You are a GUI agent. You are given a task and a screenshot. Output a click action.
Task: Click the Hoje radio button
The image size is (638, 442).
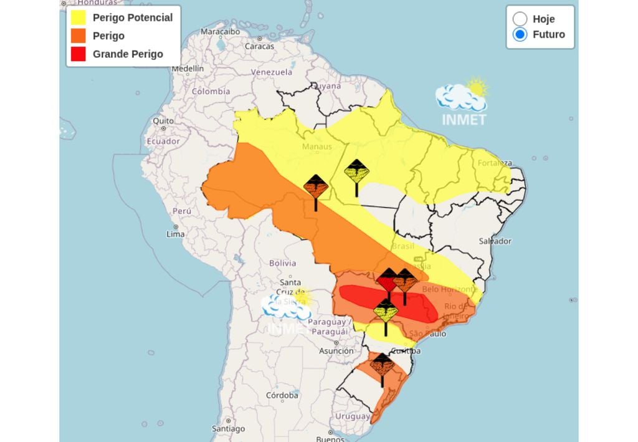(x=520, y=19)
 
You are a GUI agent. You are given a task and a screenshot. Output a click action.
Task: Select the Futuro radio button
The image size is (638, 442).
(x=520, y=34)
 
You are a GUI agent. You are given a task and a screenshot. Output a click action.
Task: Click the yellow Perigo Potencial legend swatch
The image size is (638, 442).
(x=79, y=17)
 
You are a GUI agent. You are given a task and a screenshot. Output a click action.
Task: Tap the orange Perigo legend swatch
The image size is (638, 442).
(x=79, y=36)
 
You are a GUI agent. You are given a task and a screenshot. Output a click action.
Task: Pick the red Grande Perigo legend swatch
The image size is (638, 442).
(x=79, y=54)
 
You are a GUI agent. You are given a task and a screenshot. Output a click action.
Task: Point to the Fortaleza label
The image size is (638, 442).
(x=495, y=163)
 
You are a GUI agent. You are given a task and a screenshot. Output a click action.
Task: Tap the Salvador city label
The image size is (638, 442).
(x=495, y=241)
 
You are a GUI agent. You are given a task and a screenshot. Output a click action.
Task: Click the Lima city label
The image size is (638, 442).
(x=176, y=234)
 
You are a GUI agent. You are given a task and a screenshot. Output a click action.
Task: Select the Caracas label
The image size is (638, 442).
(x=259, y=46)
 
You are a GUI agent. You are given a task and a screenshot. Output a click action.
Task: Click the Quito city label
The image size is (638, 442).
(x=163, y=120)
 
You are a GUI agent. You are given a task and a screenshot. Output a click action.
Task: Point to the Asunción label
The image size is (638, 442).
(x=336, y=351)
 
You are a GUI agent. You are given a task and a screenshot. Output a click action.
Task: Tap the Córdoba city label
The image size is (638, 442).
(x=282, y=395)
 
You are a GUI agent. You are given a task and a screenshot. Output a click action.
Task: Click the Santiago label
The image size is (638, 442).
(x=228, y=429)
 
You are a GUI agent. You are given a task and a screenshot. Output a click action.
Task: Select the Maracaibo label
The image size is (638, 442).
(x=220, y=31)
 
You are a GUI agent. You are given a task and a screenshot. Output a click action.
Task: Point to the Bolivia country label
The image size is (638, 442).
(x=282, y=263)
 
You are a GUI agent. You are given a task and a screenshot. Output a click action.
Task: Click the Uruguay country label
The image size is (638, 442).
(x=353, y=416)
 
